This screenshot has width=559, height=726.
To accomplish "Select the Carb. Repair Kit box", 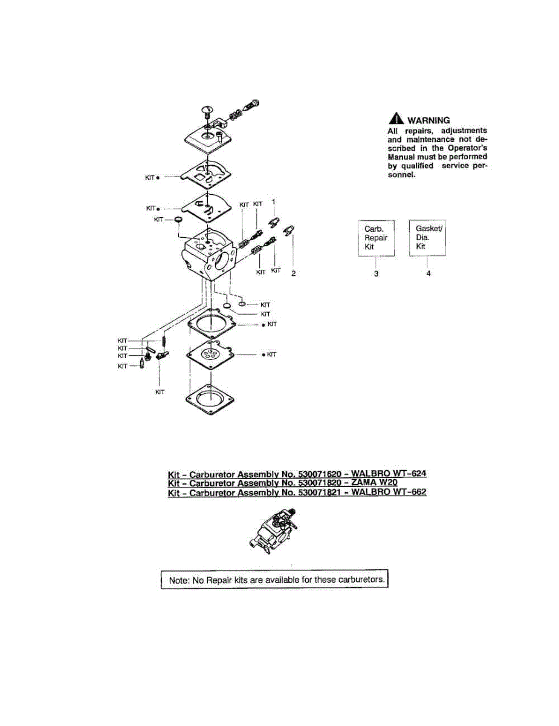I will coord(375,238).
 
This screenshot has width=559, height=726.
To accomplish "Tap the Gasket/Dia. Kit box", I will coord(427,237).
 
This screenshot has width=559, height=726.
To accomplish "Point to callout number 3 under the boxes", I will coord(376,274).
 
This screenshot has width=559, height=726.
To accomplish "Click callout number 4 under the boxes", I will coord(427,274).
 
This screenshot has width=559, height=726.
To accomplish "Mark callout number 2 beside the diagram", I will coord(293,274).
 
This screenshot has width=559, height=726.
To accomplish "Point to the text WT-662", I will coord(409,492).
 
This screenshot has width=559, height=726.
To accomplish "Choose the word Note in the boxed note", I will coord(179,580).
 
